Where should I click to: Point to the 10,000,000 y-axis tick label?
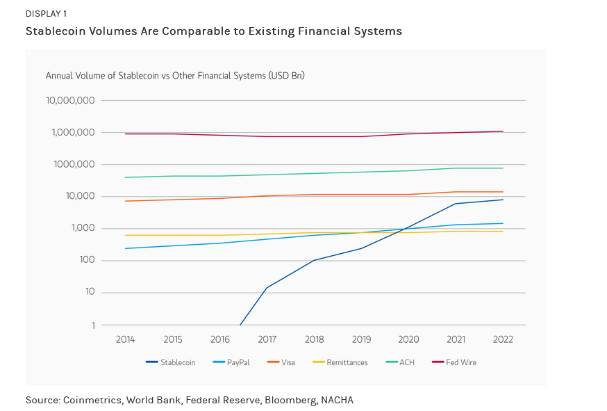click(70, 100)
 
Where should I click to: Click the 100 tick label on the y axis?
click(87, 261)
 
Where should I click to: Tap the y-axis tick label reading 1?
click(93, 325)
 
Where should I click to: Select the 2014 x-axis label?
click(125, 339)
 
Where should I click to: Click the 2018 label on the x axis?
click(314, 339)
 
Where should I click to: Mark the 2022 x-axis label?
click(502, 339)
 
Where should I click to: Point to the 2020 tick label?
click(408, 339)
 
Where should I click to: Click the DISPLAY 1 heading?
click(47, 14)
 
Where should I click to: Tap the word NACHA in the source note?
click(336, 400)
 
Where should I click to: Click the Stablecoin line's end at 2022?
click(503, 200)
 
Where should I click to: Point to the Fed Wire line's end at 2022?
click(503, 131)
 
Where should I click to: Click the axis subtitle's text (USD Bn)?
click(286, 75)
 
